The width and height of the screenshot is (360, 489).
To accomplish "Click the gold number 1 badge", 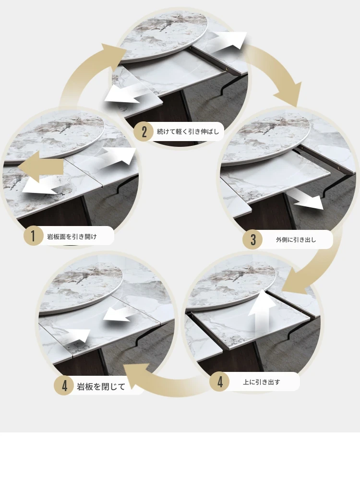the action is [33, 236].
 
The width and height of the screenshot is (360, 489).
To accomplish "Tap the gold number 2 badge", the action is [144, 131].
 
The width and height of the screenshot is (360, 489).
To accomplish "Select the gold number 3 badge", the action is [252, 239].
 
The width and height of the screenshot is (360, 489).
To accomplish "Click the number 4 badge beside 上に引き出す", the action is [220, 382].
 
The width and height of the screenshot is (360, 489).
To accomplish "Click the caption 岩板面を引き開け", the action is [72, 237].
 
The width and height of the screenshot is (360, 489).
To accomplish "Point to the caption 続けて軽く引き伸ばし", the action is [188, 131].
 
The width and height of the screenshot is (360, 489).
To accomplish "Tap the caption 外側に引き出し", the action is [296, 240].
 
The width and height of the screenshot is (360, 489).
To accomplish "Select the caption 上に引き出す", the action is [262, 382].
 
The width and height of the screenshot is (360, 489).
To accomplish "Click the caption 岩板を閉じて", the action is [101, 387].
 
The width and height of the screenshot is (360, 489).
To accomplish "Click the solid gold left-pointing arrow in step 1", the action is [40, 167].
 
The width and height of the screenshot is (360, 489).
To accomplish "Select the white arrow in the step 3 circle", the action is [305, 199].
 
